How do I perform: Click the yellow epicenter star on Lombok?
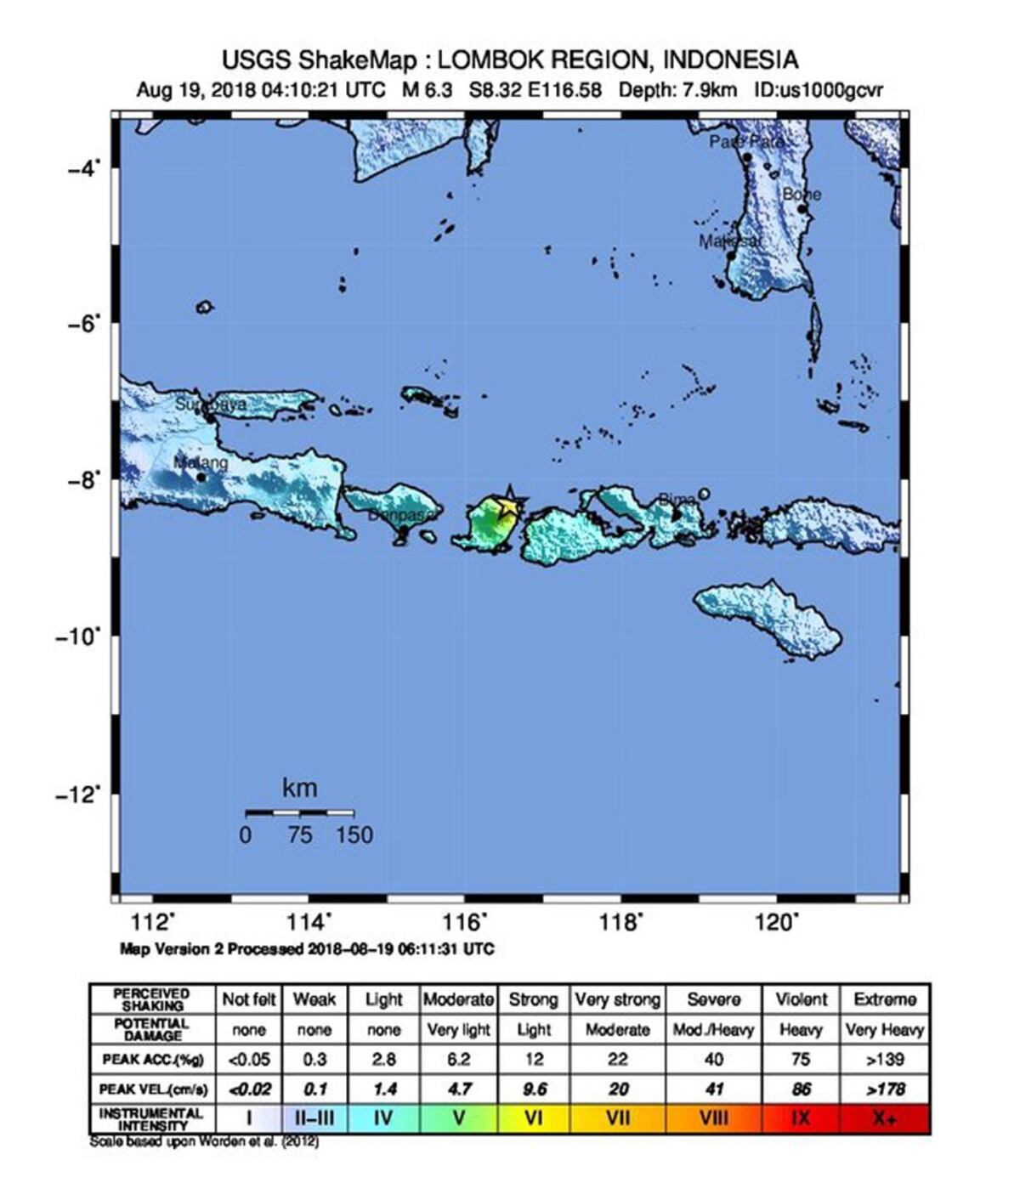tap(507, 506)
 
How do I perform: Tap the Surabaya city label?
tap(211, 405)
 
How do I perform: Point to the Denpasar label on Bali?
tap(403, 515)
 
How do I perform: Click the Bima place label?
tap(677, 499)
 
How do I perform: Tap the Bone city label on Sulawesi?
tap(801, 195)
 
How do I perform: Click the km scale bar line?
tap(299, 813)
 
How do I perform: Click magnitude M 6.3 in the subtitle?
tap(427, 90)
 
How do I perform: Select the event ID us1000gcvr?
tap(819, 90)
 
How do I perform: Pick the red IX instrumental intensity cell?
tap(801, 1118)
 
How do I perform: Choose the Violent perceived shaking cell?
tap(801, 999)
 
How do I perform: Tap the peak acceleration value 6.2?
tap(458, 1060)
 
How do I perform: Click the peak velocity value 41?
tap(714, 1089)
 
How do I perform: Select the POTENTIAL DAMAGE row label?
tap(151, 1030)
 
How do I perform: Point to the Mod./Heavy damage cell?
tap(714, 1030)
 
